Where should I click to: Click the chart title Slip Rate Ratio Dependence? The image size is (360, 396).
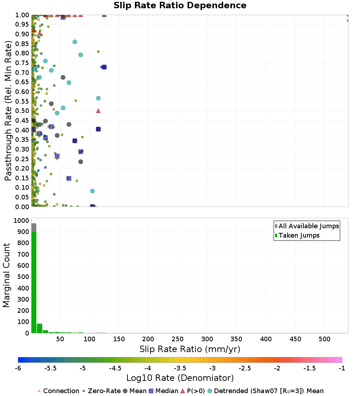pos(180,5)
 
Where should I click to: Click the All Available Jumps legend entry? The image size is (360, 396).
pos(307,226)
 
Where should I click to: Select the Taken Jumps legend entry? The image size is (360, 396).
pos(297,235)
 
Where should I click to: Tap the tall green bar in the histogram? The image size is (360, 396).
pos(34,282)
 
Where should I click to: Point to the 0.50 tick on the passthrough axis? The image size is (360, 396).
pos(22,111)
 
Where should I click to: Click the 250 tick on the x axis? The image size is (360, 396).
pos(177,339)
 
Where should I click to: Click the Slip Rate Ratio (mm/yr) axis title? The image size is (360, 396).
pos(190,349)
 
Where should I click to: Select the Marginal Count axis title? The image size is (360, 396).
pos(6,275)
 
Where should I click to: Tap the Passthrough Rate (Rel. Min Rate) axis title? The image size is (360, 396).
pos(8,111)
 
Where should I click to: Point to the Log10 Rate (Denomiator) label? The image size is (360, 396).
pos(180,378)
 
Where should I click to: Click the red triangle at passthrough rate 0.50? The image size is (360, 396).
pos(98,111)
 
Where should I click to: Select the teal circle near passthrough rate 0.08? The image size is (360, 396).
pos(93,191)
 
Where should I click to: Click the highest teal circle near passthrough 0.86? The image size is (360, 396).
pos(75,42)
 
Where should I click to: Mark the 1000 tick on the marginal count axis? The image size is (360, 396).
pos(22,220)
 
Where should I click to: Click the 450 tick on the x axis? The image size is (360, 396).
pos(295,339)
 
